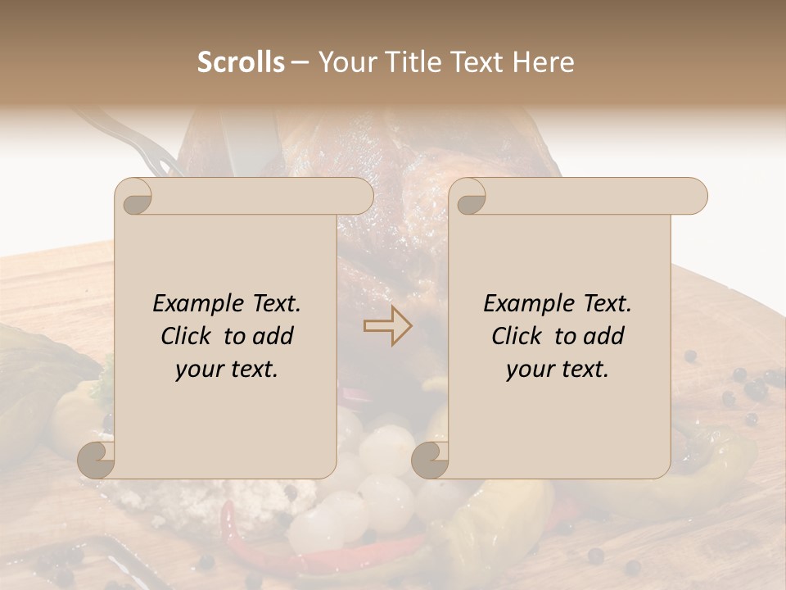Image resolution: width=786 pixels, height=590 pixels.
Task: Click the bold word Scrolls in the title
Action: (242, 62)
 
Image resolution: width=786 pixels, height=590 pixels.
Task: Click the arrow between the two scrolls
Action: (387, 326)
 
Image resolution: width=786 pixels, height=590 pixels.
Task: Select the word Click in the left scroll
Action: (187, 336)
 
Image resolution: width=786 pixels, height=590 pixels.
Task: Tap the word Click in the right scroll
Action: (518, 336)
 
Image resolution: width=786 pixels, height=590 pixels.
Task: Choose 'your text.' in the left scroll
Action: (227, 370)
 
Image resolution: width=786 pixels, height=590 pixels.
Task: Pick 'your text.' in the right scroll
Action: (558, 370)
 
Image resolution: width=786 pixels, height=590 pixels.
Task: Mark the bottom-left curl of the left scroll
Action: (97, 459)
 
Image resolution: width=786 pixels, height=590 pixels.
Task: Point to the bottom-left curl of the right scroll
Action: (429, 459)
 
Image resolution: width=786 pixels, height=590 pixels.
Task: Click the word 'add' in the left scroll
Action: (273, 336)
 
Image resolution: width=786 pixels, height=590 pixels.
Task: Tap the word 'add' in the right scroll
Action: (604, 336)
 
